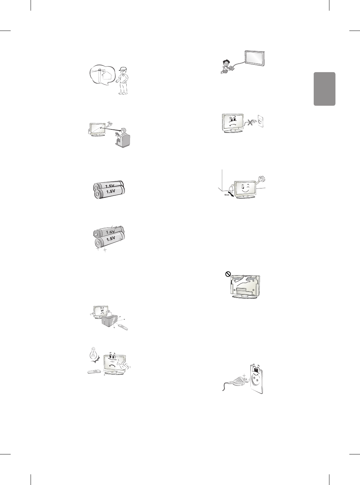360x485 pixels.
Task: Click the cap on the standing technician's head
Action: (x=123, y=69)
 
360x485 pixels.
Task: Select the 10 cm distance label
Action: (x=227, y=195)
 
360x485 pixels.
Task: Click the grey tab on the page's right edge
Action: (x=324, y=89)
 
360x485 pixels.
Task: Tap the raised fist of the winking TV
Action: (x=262, y=178)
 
